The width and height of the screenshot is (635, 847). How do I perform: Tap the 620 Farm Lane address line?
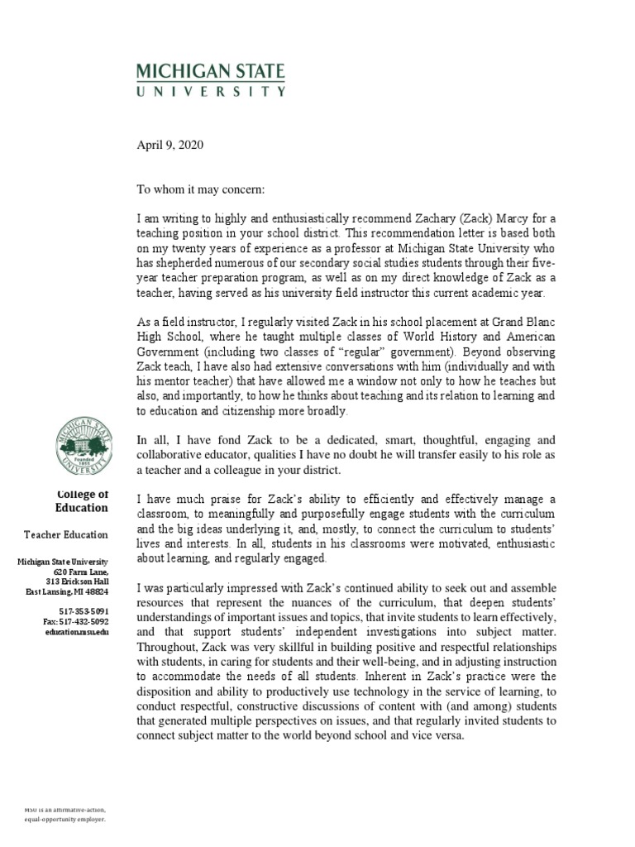[x=80, y=572]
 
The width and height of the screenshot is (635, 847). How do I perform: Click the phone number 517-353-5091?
[x=84, y=610]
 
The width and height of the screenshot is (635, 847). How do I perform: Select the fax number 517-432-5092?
[x=75, y=621]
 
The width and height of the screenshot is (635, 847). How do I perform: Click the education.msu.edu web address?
[x=77, y=631]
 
